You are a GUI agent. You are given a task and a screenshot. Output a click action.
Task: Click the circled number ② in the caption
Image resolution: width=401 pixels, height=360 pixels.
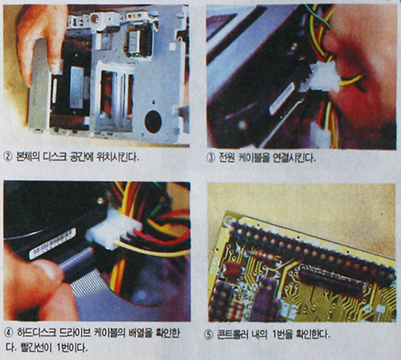tap(8, 157)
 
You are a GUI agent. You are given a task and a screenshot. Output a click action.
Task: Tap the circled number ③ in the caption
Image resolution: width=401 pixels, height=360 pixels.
tap(210, 158)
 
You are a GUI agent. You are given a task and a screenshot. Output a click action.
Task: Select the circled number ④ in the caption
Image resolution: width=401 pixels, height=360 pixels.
tap(9, 333)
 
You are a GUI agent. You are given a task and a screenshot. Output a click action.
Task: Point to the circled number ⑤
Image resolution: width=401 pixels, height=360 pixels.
tap(209, 335)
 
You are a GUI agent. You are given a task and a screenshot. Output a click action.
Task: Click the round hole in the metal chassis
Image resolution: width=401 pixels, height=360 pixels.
tap(153, 121)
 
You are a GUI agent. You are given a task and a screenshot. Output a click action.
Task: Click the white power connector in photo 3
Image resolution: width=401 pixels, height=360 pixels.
tap(323, 76)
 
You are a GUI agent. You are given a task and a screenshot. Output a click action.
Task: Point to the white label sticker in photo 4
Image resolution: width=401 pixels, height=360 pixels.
tap(52, 243)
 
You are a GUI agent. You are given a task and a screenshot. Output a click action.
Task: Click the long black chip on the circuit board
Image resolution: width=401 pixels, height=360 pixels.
tap(332, 282)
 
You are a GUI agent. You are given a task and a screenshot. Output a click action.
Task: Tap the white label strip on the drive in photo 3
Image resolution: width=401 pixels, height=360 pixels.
tap(283, 98)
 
